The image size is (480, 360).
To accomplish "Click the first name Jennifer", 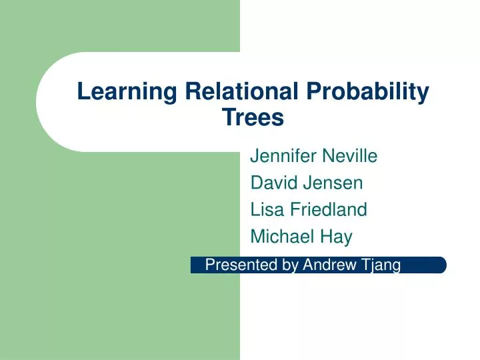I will (x=283, y=157).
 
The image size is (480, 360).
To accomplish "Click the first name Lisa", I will (x=265, y=210).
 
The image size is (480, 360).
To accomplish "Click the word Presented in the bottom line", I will (x=233, y=265).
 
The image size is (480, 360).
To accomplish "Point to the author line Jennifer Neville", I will (x=313, y=157).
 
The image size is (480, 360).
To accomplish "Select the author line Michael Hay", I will (x=301, y=237).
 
